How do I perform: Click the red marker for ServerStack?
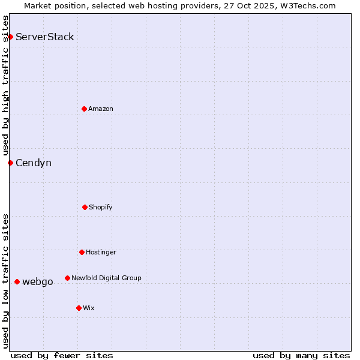click(x=10, y=37)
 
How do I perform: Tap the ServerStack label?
click(x=45, y=37)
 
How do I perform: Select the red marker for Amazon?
click(x=84, y=109)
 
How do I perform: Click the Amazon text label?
click(x=101, y=109)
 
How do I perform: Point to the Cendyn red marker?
click(x=10, y=163)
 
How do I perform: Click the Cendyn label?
click(x=34, y=163)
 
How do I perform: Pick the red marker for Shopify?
click(x=85, y=207)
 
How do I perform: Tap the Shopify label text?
click(x=101, y=208)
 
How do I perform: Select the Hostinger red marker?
click(x=82, y=252)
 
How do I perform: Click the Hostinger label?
click(x=101, y=253)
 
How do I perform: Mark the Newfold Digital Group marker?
click(x=67, y=278)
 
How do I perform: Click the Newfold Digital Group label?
click(x=106, y=278)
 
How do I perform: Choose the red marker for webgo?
click(x=17, y=281)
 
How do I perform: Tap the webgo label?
click(x=38, y=282)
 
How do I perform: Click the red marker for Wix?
click(x=79, y=308)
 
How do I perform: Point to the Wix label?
click(x=89, y=308)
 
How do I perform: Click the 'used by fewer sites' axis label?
click(x=62, y=356)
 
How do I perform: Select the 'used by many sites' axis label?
click(x=301, y=356)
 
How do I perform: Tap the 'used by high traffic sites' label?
click(x=6, y=85)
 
